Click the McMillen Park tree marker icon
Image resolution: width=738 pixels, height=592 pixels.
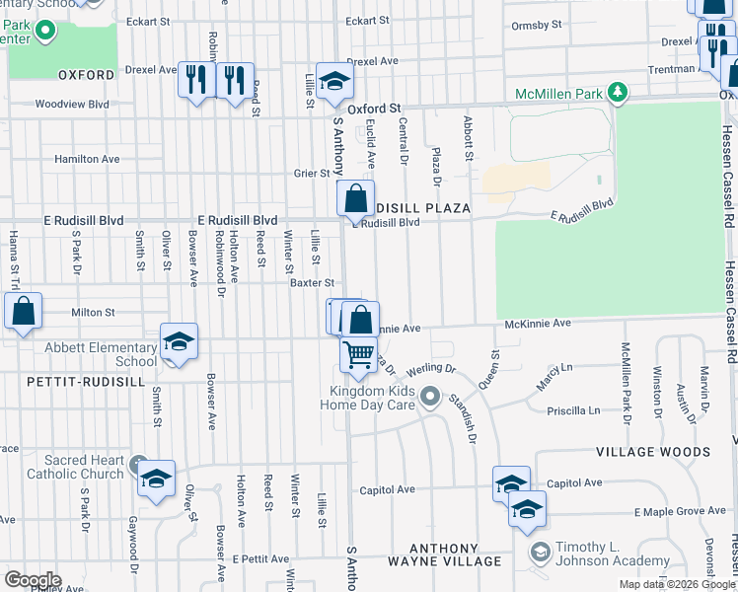(618, 93)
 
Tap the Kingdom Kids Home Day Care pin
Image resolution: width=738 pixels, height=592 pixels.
(429, 398)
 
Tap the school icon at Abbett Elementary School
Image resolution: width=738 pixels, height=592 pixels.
(179, 341)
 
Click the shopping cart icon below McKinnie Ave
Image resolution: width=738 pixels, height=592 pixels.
(358, 353)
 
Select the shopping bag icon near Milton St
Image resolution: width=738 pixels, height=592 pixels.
(24, 311)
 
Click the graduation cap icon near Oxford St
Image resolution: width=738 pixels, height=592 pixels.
(335, 82)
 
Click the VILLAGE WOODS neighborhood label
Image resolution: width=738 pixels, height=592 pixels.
(652, 452)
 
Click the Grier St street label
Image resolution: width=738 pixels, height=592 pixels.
(310, 174)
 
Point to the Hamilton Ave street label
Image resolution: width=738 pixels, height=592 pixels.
(87, 159)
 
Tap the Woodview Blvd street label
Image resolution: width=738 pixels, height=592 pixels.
(71, 104)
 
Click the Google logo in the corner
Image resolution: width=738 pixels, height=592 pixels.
(33, 579)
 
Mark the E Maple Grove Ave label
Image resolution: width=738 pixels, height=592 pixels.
(679, 511)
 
